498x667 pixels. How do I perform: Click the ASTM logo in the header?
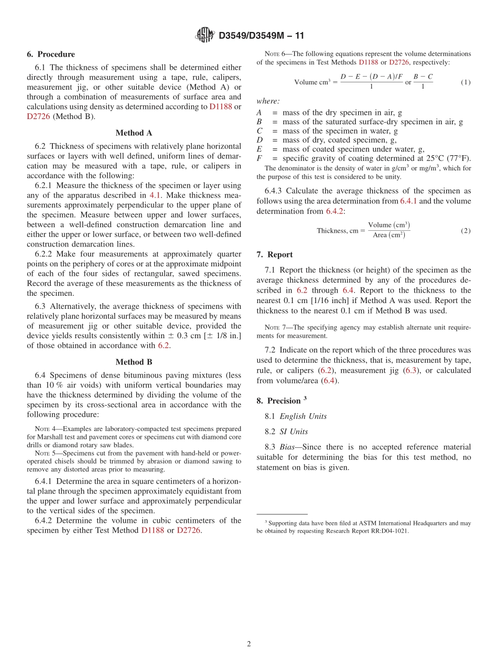coord(204,36)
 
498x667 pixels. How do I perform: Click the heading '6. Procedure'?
coord(51,55)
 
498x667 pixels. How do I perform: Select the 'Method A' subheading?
coord(134,133)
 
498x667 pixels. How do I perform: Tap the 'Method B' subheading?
coord(134,362)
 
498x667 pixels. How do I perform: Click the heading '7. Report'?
coord(275,255)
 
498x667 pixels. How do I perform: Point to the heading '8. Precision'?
coord(281,401)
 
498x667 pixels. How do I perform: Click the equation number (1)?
coord(465,82)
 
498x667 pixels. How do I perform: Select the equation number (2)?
coord(465,231)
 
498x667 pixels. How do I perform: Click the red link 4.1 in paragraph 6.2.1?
coord(155,195)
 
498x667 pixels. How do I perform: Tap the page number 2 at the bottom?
coord(249,644)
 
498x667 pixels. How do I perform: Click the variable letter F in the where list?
coord(259,158)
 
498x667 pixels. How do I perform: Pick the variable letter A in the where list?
coord(259,113)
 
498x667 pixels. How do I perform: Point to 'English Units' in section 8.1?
coord(303,416)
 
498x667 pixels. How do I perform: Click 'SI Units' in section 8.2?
coord(294,432)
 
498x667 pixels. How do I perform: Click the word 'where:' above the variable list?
coord(268,101)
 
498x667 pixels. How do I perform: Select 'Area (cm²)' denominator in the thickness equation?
coord(388,235)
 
